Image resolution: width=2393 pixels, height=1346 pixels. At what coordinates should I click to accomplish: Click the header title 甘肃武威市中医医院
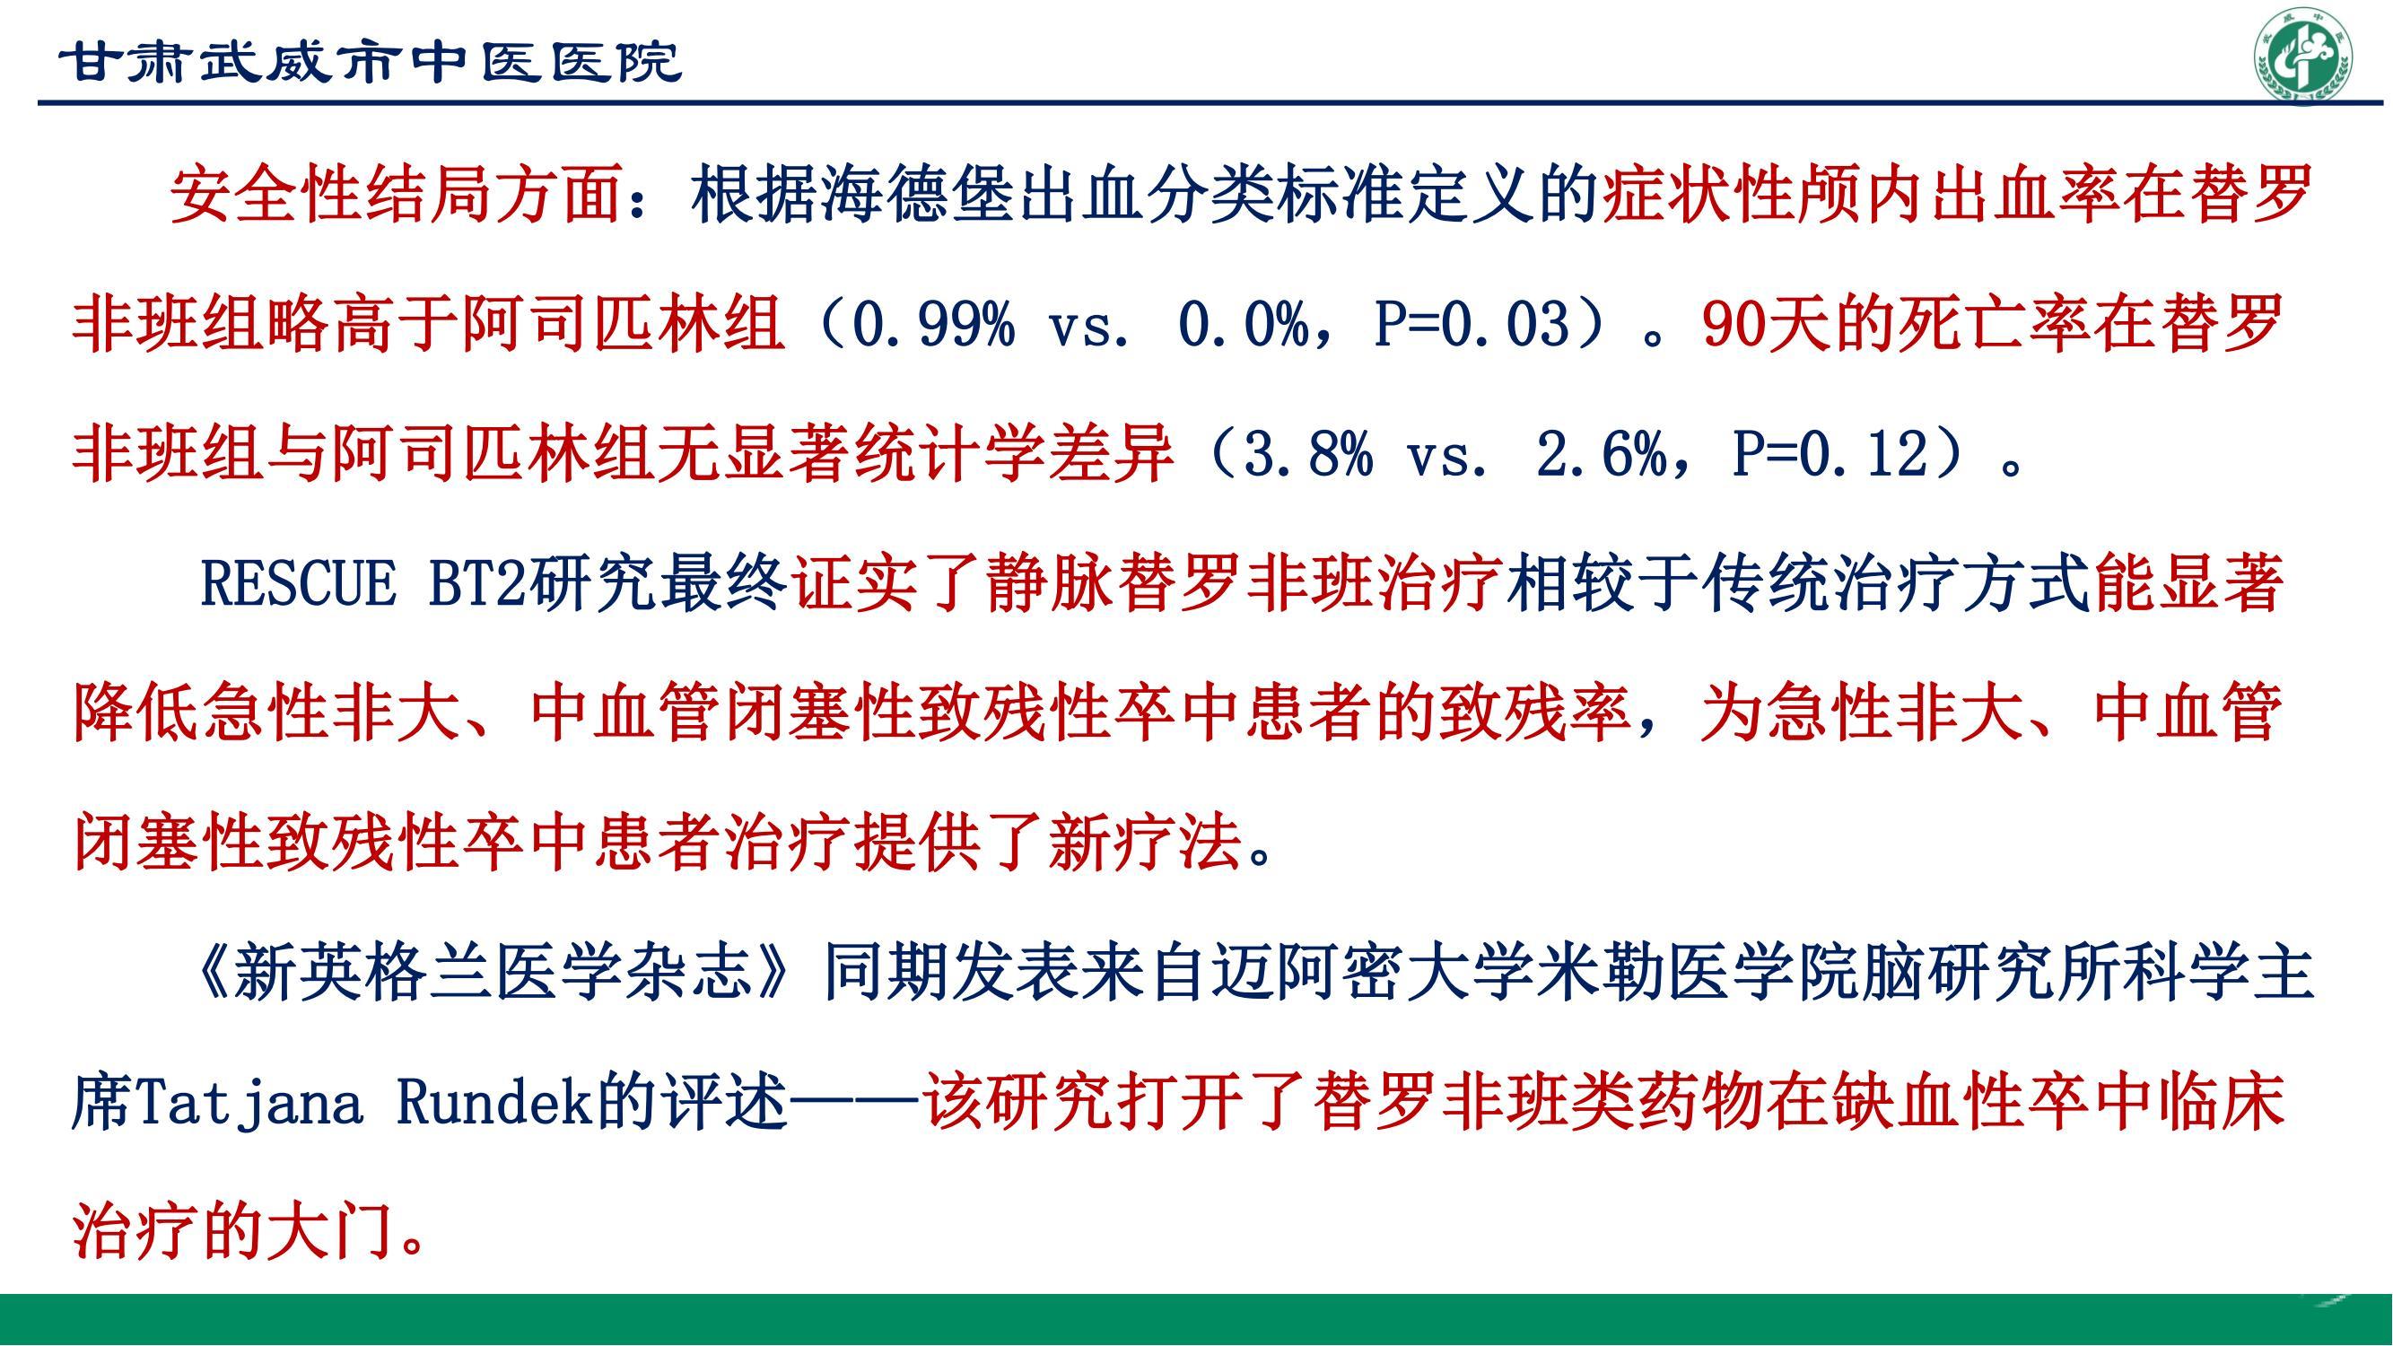point(371,63)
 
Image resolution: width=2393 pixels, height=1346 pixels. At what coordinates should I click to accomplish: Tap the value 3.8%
point(1306,455)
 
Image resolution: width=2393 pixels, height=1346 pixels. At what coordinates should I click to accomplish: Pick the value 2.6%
point(1602,455)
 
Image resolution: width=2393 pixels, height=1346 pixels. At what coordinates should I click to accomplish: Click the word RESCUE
point(298,584)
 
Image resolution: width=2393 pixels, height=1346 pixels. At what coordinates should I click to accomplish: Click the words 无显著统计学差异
point(916,455)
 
